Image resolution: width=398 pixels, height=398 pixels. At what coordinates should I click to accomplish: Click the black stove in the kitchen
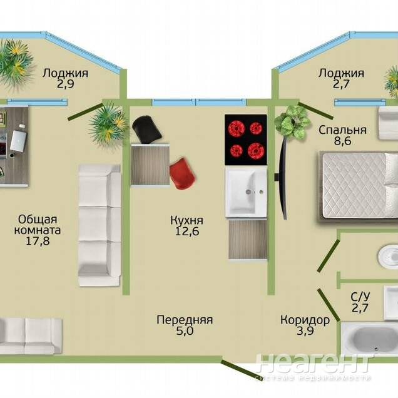pos(246,140)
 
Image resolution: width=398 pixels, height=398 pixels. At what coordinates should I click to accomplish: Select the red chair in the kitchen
pos(182,173)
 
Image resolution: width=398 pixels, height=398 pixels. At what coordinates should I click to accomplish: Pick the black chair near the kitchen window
pos(146,129)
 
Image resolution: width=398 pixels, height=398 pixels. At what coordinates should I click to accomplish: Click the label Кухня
pos(186,220)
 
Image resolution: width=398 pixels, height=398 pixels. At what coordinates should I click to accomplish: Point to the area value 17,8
pos(38,241)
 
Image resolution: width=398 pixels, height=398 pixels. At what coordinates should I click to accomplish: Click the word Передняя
pos(185,320)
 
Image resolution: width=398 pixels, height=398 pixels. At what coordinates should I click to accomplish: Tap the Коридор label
pos(305,320)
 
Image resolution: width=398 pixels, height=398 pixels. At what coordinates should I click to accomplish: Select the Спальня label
pos(342,130)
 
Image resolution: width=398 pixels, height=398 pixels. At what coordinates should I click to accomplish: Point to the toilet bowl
pos(388,256)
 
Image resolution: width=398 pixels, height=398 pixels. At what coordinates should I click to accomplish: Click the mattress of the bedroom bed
pos(354,186)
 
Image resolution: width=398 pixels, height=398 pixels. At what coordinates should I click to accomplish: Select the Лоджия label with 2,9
pos(65,78)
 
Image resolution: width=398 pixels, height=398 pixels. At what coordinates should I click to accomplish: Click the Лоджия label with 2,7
pos(342,78)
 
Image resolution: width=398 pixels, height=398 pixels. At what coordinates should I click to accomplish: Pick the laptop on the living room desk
pos(18,141)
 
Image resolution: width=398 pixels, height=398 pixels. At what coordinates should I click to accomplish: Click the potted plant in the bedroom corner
pos(292,123)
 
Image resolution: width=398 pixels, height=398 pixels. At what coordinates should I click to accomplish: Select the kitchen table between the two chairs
pos(150,165)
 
